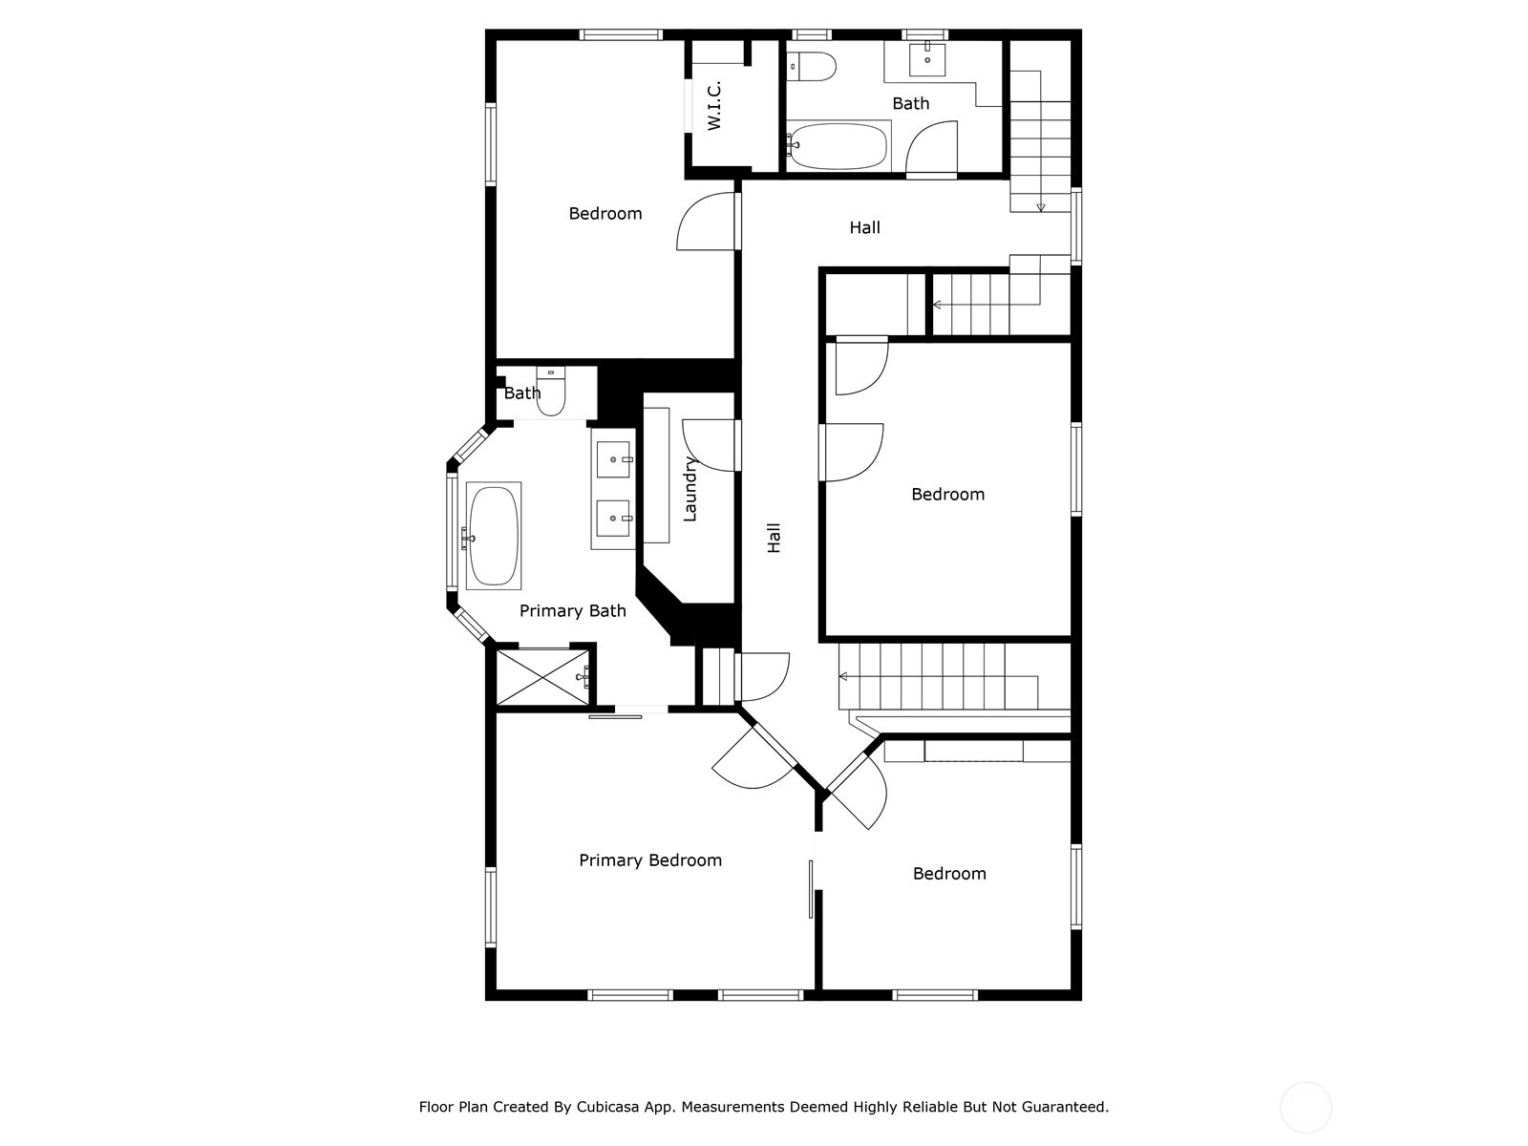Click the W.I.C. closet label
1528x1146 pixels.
714,106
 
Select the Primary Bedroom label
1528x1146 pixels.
650,860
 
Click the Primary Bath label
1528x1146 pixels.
572,611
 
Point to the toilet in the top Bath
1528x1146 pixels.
813,66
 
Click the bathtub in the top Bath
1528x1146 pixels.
838,145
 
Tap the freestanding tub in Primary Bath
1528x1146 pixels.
493,535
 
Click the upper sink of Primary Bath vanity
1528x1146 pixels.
613,459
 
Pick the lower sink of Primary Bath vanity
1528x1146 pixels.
613,519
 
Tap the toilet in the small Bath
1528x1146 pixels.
551,394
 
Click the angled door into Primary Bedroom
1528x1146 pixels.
754,759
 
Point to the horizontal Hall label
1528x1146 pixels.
864,227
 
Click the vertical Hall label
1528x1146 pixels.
775,537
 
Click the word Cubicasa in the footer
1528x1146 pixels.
608,1107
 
